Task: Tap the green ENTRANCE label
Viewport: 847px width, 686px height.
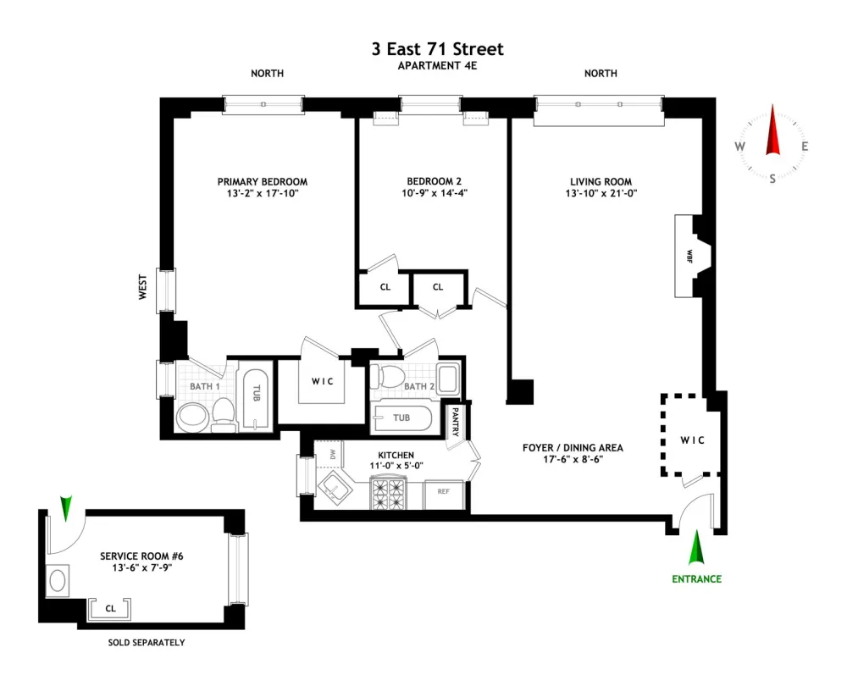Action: tap(696, 579)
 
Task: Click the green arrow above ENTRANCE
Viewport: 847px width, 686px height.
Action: tap(696, 548)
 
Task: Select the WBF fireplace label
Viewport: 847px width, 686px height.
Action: tap(689, 256)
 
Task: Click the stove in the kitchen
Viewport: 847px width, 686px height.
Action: tap(389, 494)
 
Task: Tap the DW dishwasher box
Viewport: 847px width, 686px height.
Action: tap(327, 454)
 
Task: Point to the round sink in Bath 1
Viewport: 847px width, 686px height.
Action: tap(192, 417)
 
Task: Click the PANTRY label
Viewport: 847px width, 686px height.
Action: tap(455, 421)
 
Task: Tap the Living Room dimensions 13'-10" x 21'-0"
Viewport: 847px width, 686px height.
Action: tap(601, 193)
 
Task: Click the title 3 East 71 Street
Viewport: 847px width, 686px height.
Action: tap(438, 49)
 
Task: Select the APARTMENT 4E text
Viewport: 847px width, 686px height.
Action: tap(438, 66)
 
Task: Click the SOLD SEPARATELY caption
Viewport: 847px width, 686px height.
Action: tap(147, 642)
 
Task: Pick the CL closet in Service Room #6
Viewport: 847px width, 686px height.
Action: tap(110, 609)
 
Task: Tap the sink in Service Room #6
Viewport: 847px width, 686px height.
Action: tap(58, 581)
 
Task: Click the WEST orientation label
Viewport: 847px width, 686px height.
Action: tap(142, 287)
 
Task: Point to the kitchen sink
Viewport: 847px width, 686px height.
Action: tap(335, 489)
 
